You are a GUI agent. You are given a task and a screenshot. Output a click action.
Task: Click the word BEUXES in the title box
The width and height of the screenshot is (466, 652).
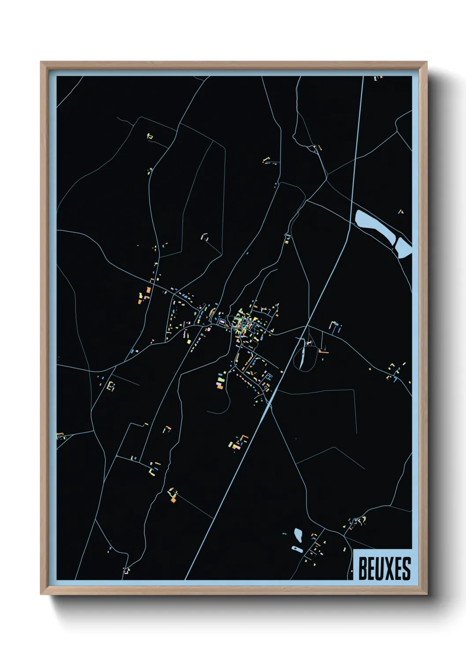(x=384, y=568)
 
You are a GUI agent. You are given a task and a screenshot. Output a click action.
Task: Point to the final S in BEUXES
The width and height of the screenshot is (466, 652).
(x=406, y=568)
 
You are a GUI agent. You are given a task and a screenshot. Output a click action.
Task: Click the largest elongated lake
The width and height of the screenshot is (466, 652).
(x=374, y=226)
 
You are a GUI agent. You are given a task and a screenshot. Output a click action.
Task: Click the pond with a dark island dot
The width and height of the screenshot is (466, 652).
(x=296, y=549)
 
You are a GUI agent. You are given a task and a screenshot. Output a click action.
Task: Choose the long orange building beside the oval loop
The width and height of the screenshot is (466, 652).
(x=324, y=352)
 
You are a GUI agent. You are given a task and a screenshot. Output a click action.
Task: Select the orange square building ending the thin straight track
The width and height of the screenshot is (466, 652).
(x=173, y=499)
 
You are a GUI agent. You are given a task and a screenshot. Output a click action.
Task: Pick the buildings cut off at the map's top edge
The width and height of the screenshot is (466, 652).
(x=378, y=78)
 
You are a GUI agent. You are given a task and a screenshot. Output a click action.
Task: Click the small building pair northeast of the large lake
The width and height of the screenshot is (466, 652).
(x=400, y=212)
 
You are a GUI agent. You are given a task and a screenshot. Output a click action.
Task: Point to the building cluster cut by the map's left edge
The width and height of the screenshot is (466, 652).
(x=61, y=437)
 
